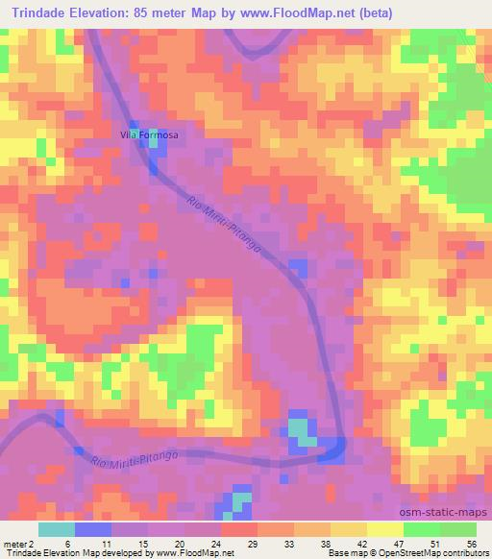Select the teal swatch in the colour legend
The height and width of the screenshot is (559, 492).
click(x=56, y=529)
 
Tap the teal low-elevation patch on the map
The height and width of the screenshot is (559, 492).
click(x=302, y=431)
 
